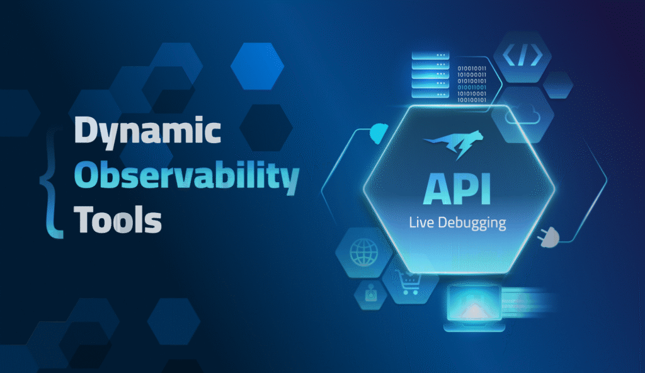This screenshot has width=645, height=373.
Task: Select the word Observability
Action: pos(186,178)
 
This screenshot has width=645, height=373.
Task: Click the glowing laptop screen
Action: pos(472,304)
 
